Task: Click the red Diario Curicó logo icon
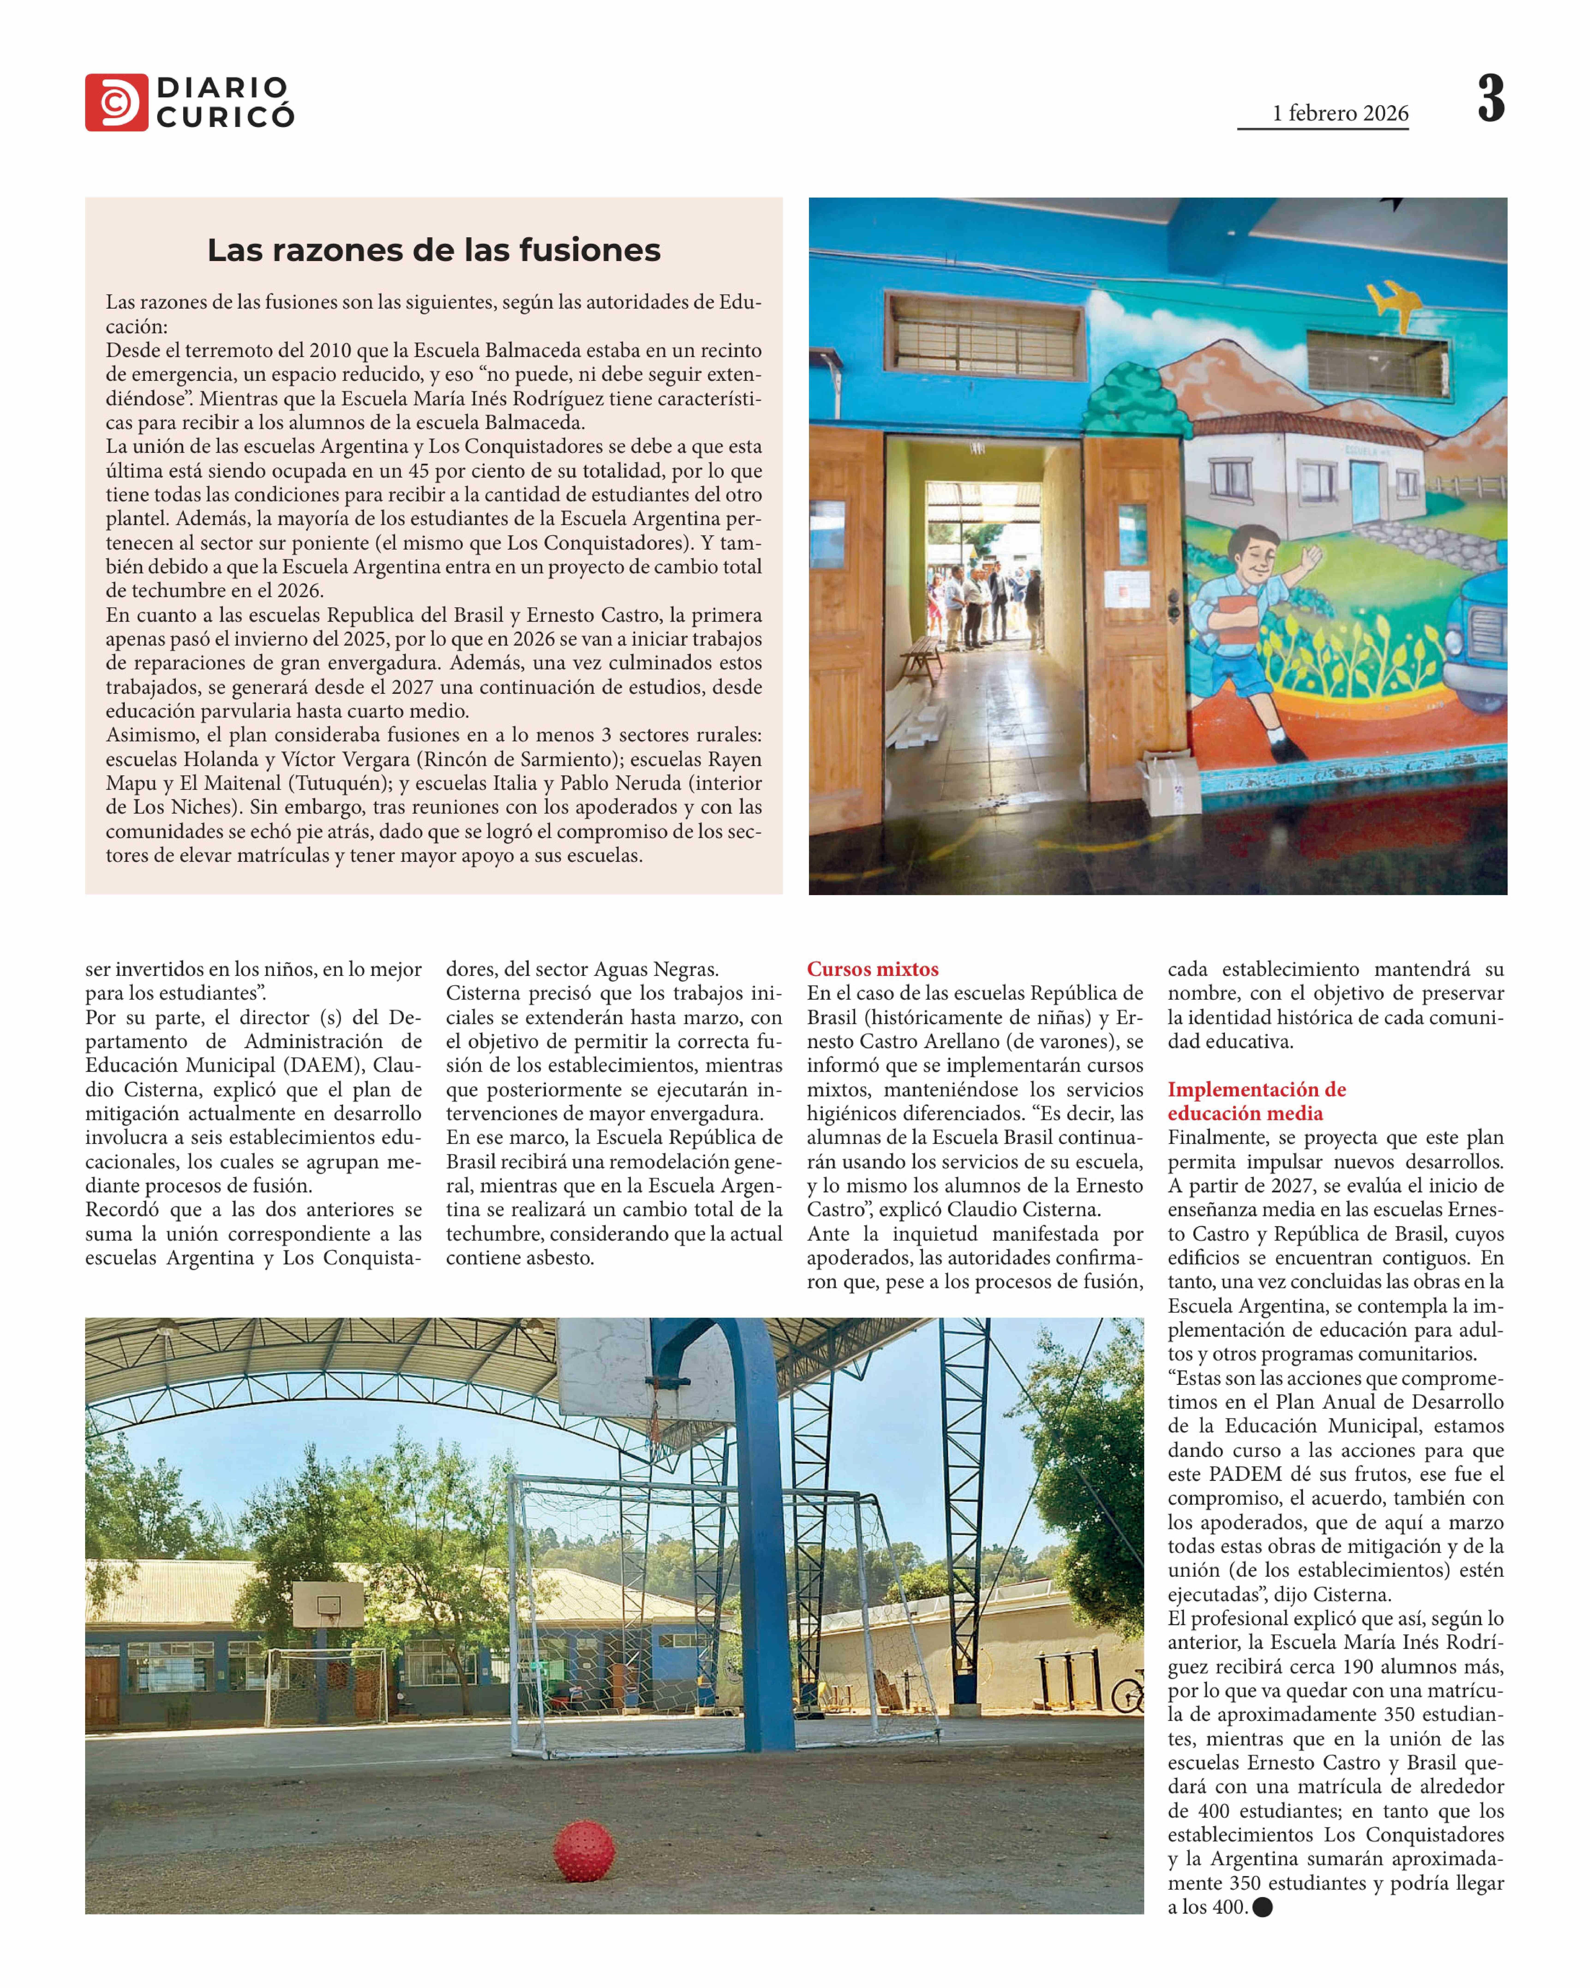(116, 102)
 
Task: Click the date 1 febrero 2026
(1340, 113)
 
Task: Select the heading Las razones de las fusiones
(433, 250)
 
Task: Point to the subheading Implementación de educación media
(1256, 1101)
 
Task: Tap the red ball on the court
(584, 1850)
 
